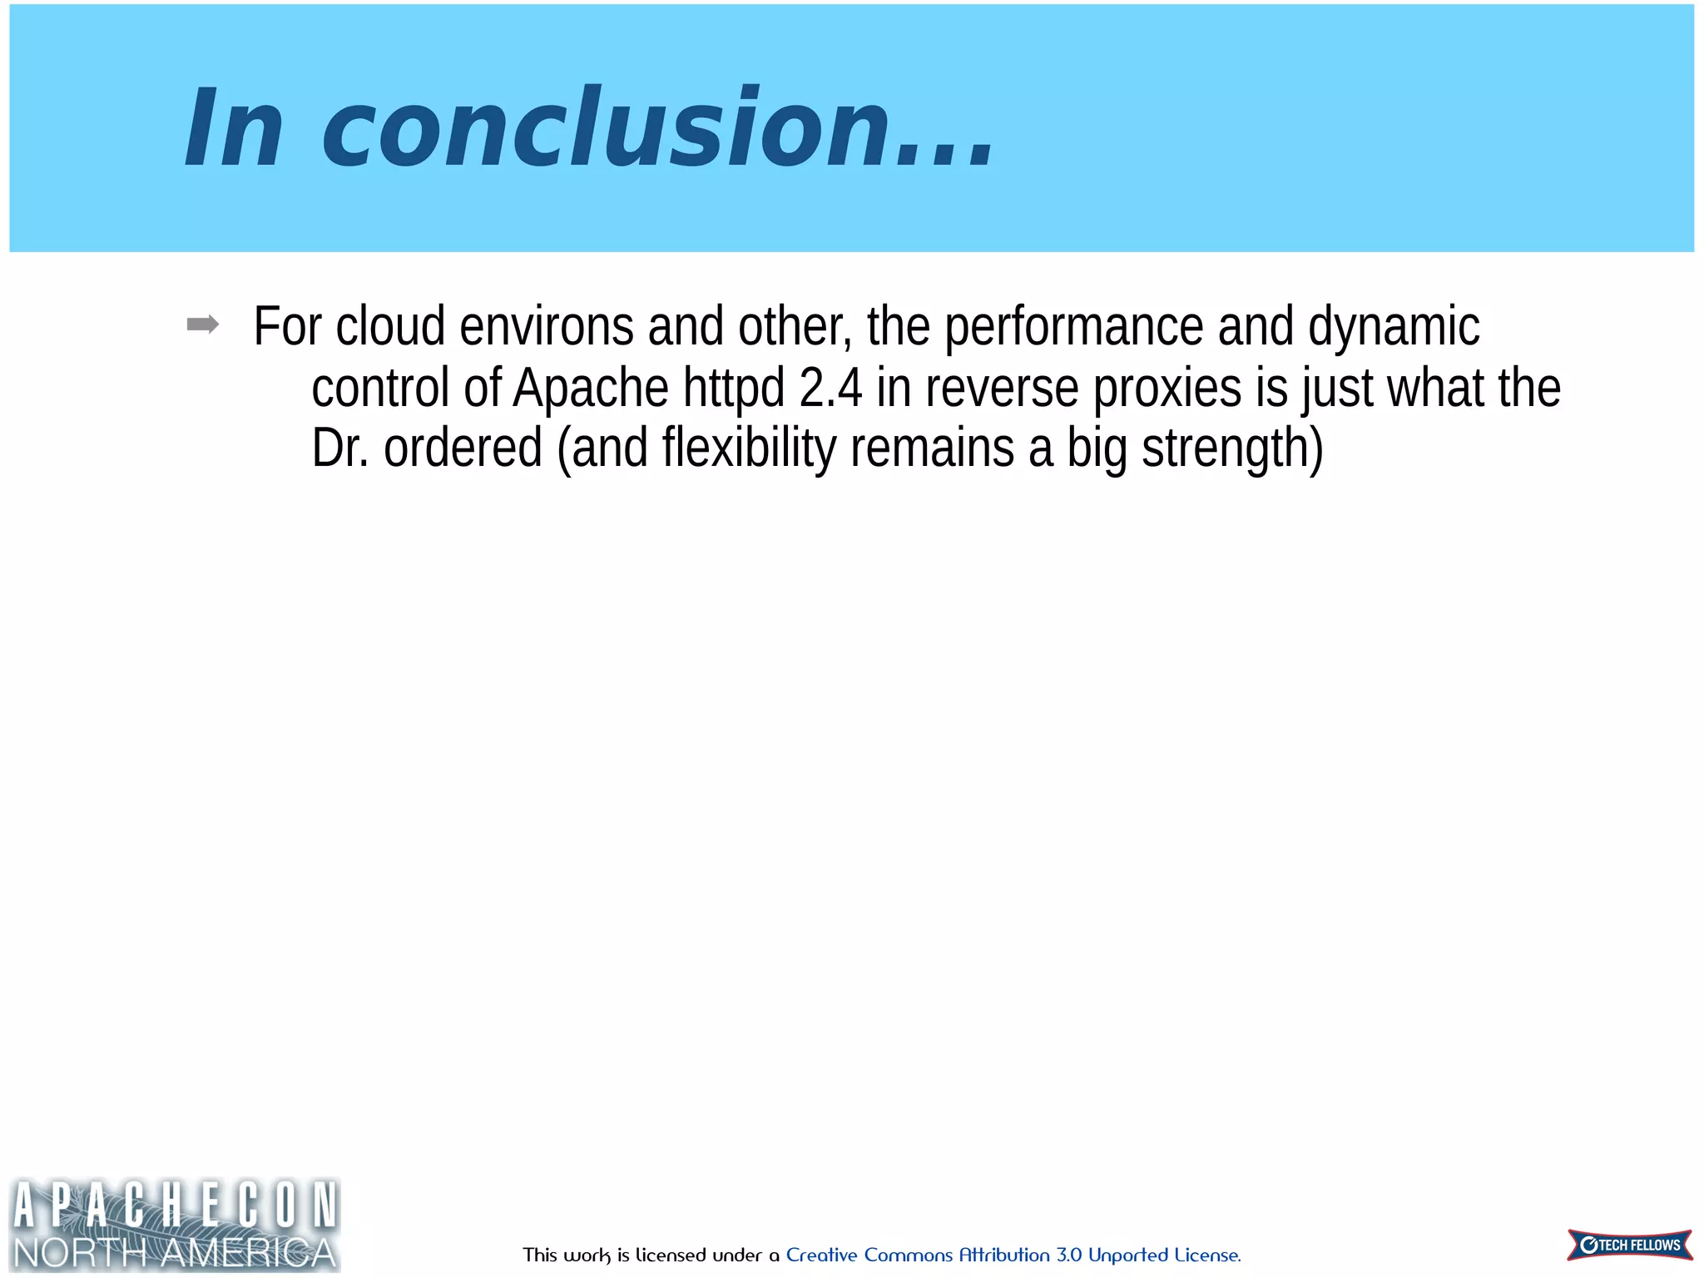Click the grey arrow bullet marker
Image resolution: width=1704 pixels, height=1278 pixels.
203,324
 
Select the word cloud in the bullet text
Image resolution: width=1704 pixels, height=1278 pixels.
390,326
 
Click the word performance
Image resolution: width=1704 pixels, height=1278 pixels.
1073,326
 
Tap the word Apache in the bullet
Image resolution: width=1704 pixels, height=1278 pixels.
591,389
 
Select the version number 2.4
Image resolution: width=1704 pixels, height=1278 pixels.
830,389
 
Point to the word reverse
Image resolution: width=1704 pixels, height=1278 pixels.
1002,389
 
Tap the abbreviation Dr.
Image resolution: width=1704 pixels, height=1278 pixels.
339,448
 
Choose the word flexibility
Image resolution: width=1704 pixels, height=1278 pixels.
749,448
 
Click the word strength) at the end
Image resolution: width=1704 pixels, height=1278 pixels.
1232,448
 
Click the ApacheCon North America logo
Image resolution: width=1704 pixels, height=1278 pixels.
175,1224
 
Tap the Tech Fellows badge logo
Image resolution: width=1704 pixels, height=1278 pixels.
1629,1245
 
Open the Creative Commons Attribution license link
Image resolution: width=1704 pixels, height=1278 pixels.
1013,1255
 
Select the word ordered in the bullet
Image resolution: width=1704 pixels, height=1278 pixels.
463,448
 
